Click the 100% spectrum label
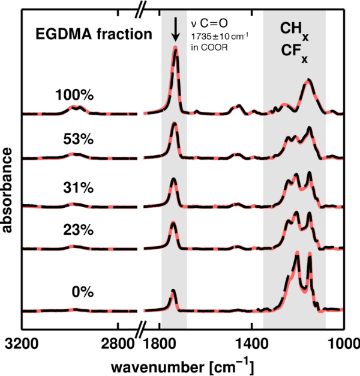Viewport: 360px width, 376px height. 75,95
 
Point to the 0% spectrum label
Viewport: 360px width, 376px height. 81,292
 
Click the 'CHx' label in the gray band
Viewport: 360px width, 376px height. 294,30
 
